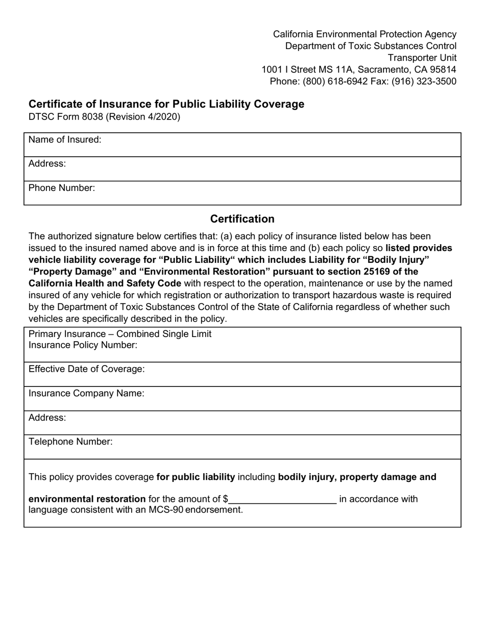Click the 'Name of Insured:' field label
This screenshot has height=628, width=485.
point(65,140)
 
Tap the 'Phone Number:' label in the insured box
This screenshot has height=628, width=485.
point(62,188)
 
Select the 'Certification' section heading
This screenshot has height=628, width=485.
point(242,219)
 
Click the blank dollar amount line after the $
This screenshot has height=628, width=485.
point(282,499)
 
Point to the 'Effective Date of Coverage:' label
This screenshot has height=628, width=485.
point(87,369)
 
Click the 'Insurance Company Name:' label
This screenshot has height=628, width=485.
point(86,393)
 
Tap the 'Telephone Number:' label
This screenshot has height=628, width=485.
point(70,442)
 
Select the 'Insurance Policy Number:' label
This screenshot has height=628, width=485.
point(83,345)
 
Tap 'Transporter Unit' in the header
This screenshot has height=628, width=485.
point(422,58)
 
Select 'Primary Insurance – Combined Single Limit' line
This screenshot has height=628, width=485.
point(120,334)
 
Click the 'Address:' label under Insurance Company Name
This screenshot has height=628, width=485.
point(47,418)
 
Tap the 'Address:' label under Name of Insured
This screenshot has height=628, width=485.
point(47,164)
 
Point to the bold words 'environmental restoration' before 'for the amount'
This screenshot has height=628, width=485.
point(87,499)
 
